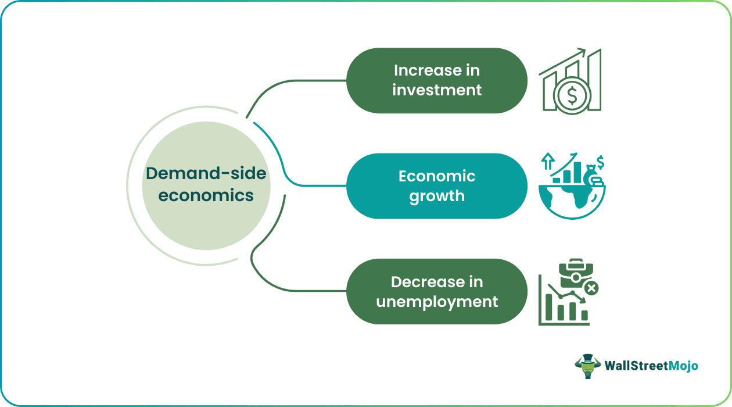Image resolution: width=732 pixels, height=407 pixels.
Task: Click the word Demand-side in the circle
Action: (x=206, y=173)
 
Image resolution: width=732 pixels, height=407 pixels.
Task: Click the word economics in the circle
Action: (x=206, y=195)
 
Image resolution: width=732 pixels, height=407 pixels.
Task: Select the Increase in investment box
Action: (x=437, y=80)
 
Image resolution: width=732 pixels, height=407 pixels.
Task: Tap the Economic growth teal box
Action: (x=437, y=186)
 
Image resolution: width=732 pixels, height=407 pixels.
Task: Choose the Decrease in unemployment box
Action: (x=437, y=291)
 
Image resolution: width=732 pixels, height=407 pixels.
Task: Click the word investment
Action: (x=437, y=90)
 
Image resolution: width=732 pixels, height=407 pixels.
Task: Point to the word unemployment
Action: (x=437, y=302)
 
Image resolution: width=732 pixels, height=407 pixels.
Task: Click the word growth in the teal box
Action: (x=437, y=196)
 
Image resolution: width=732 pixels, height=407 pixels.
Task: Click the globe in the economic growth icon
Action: (x=566, y=201)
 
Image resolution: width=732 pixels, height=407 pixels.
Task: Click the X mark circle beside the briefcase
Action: (x=591, y=288)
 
